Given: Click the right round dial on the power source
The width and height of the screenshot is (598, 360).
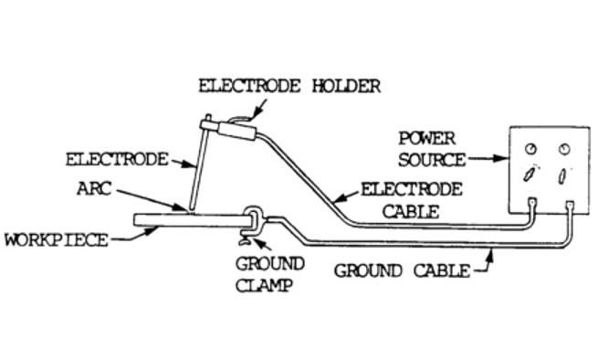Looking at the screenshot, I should click(564, 148).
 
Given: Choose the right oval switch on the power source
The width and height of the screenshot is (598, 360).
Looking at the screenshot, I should click(564, 174).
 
